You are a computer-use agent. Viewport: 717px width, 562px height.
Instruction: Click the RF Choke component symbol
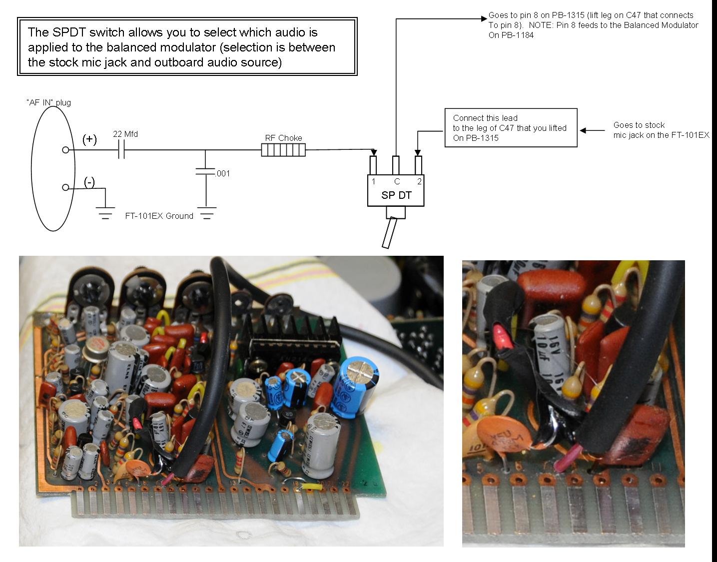tap(283, 150)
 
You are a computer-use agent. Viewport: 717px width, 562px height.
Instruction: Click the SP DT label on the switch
tap(396, 195)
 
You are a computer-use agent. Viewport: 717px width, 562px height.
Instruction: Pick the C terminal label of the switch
tap(397, 182)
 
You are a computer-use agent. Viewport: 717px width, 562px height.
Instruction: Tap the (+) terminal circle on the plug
tap(65, 150)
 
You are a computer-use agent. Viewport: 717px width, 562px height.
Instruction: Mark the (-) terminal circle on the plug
tap(65, 187)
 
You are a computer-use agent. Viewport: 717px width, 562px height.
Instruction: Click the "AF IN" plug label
tap(49, 103)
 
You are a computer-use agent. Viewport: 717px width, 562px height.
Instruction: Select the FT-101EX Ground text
tap(159, 216)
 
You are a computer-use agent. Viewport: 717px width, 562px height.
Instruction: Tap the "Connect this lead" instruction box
tap(511, 128)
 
